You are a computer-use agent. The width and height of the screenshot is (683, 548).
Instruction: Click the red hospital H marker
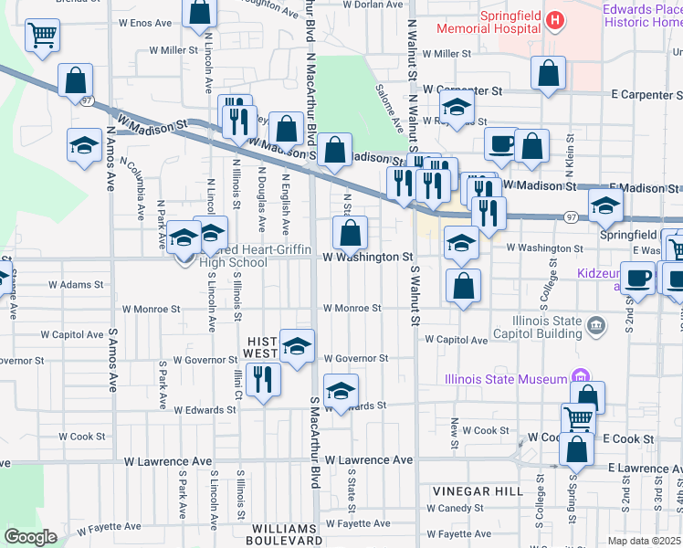click(553, 19)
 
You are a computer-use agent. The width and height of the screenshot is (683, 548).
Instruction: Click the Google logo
click(30, 536)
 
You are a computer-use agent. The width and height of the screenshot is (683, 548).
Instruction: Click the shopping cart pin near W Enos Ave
click(43, 37)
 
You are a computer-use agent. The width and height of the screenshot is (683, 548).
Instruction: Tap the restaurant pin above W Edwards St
click(264, 379)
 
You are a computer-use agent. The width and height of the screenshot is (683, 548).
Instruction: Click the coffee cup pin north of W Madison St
click(500, 143)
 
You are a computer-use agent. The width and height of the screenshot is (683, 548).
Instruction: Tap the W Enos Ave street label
click(145, 22)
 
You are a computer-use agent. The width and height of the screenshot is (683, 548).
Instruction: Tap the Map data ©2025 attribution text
click(644, 541)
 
